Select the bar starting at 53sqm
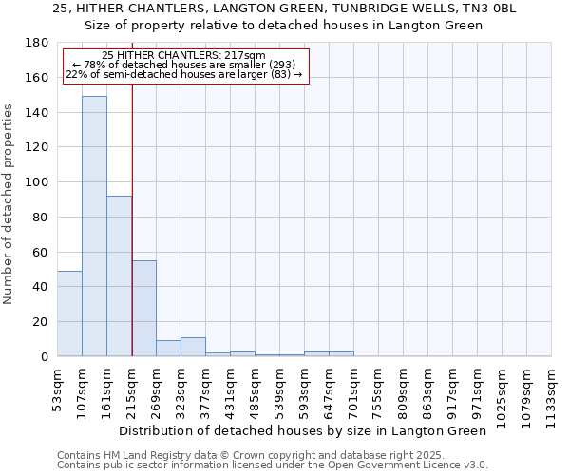pos(69,313)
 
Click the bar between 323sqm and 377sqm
pos(193,347)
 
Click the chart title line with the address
pos(285,9)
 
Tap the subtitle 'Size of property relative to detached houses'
pos(285,26)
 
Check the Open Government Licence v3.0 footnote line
pos(273,465)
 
